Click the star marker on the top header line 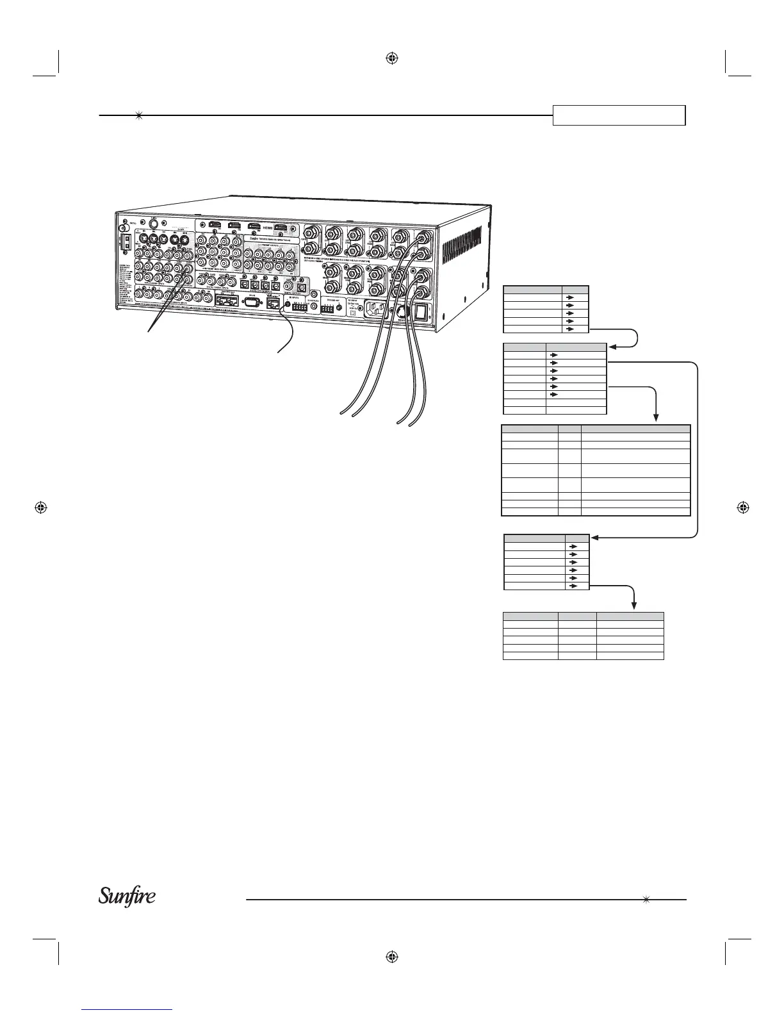[x=138, y=116]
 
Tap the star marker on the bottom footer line [x=646, y=899]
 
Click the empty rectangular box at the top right [x=619, y=115]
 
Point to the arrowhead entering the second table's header [x=610, y=347]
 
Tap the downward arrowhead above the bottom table [x=634, y=606]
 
